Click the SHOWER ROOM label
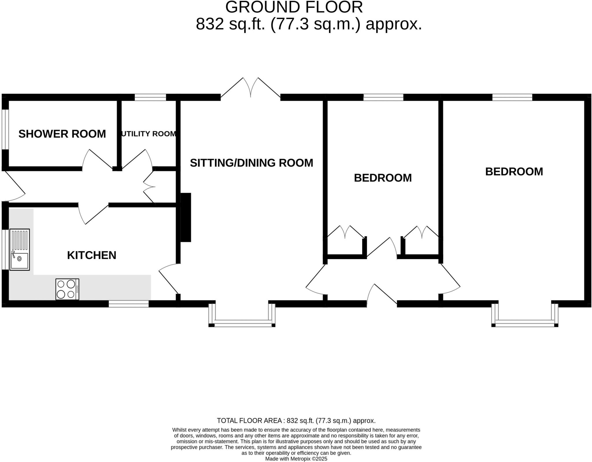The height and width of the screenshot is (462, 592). click(x=62, y=134)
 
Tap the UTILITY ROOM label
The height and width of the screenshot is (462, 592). click(x=149, y=134)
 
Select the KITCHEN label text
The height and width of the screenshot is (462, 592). click(x=91, y=255)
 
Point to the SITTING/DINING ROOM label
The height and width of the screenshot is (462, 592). click(x=251, y=163)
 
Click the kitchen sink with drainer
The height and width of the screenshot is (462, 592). click(x=20, y=250)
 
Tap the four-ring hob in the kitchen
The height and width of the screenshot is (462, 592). click(x=67, y=289)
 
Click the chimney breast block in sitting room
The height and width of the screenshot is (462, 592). click(x=186, y=217)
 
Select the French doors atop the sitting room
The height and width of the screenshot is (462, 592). click(x=250, y=88)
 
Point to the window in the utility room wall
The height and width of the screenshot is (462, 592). click(x=150, y=97)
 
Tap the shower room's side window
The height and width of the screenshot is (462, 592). click(x=5, y=129)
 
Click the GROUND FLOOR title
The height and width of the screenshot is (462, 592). click(x=294, y=7)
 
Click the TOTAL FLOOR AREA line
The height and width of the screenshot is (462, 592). click(x=296, y=420)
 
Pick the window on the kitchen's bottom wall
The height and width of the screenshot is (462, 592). click(x=129, y=304)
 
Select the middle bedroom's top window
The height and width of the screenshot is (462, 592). click(x=383, y=97)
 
